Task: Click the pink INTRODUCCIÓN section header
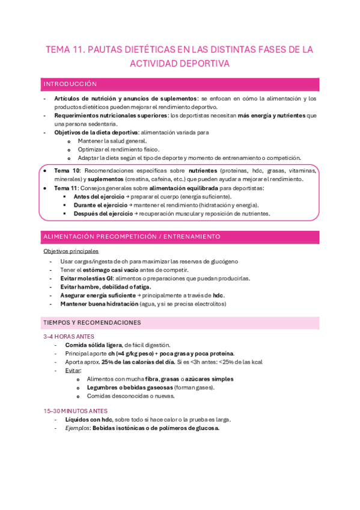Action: click(70, 84)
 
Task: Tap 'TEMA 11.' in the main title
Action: click(65, 50)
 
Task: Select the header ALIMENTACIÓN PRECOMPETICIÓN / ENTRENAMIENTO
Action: click(132, 237)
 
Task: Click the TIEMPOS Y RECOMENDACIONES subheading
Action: click(92, 323)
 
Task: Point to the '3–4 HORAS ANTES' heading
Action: click(69, 337)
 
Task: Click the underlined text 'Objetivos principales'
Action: click(71, 251)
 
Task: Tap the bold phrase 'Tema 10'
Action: click(67, 171)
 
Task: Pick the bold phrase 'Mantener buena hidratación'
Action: click(99, 304)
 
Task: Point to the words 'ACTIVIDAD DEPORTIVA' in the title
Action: click(180, 63)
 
